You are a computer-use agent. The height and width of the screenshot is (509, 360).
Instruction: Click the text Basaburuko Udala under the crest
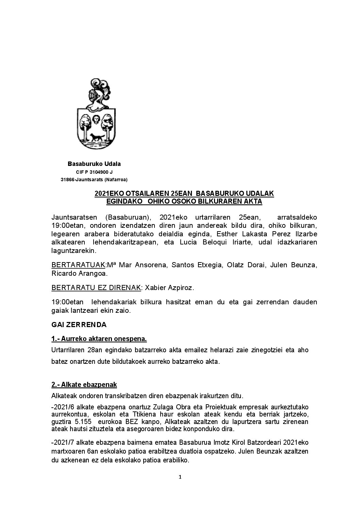click(94, 164)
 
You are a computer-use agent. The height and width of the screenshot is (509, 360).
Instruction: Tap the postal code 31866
click(67, 180)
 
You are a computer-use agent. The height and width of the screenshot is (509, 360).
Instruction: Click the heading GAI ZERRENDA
click(79, 325)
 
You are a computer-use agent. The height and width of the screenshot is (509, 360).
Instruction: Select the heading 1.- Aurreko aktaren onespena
click(99, 339)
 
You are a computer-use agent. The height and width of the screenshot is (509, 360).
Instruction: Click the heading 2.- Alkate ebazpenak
click(84, 385)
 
